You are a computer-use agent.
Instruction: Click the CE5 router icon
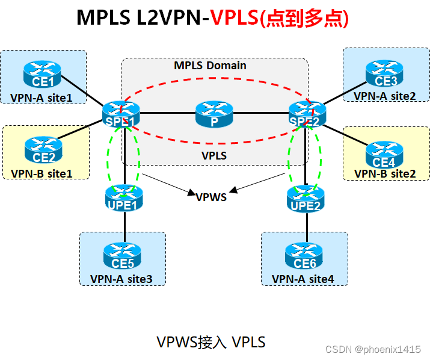pos(123,257)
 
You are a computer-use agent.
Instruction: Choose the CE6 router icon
pos(304,257)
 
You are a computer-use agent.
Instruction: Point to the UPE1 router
pos(124,199)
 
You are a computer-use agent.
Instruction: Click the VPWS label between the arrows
pos(211,196)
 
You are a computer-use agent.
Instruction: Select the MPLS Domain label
pos(210,65)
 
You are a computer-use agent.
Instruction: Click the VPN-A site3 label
pos(121,279)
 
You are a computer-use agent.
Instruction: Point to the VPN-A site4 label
pos(303,279)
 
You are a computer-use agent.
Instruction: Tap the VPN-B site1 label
pos(41,173)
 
